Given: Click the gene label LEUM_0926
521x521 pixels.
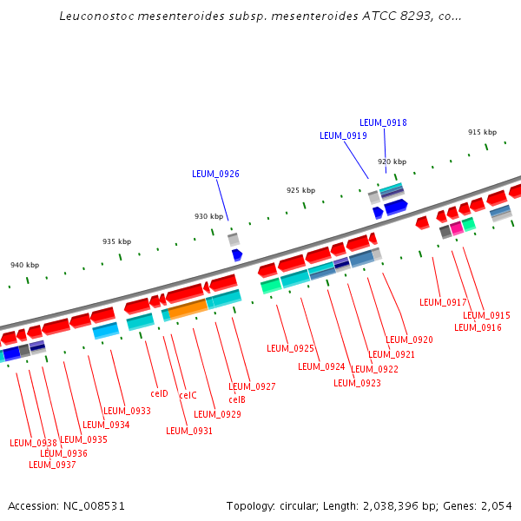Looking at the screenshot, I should pos(215,174).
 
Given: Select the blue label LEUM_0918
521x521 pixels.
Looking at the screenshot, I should pos(383,122).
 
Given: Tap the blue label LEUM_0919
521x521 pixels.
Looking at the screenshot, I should pos(343,135).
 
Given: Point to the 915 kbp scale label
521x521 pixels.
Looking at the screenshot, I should pos(482,132).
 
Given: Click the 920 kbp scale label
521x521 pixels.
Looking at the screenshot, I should pos(392,162).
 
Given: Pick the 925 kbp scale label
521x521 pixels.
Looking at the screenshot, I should pos(300,190).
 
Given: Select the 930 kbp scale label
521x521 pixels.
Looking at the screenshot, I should pos(208,216).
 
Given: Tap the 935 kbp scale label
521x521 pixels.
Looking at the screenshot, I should pos(116,241).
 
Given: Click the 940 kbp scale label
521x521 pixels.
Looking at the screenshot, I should pos(24,265).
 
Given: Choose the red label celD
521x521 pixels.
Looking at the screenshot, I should pos(159,393).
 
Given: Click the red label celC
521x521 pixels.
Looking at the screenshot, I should pos(188,395).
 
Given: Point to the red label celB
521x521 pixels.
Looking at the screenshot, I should pos(237,399).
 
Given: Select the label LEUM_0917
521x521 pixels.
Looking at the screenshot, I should pos(443,302).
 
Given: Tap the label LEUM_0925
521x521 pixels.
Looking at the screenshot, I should pos(290,348).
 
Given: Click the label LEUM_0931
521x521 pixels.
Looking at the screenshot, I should pos(189,431).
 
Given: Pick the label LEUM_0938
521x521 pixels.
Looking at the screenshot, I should pos(33,443).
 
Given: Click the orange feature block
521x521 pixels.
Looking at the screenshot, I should pos(188,307).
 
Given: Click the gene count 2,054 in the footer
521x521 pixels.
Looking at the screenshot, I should pos(497,505).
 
